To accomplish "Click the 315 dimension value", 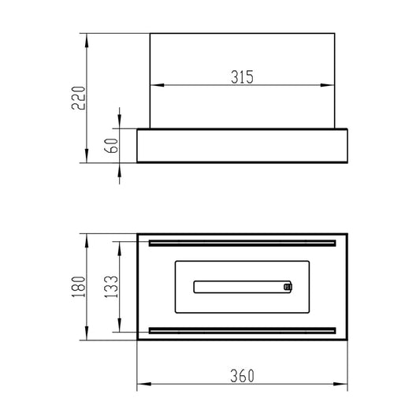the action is coord(242,77).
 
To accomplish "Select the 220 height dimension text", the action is coord(79,98).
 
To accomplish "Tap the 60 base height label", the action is coord(111,146).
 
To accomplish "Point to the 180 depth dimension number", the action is coord(79,287).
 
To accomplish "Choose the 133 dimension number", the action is coord(111,287).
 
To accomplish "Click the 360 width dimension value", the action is coord(242,376).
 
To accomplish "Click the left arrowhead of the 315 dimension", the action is coord(158,85).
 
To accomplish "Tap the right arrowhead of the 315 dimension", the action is coord(327,85).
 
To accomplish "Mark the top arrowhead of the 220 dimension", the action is coord(87,40).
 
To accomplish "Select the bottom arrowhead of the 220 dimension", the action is coord(87,155).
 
